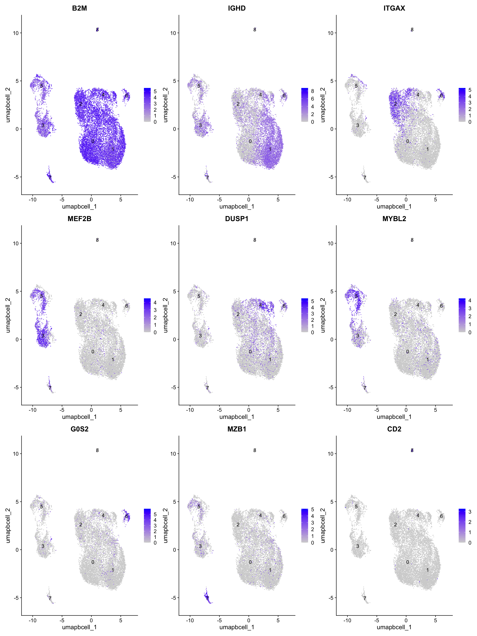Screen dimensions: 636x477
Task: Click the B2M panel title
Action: pos(79,8)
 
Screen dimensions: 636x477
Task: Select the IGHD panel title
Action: pos(237,8)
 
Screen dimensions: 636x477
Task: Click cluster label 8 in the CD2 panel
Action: pos(412,450)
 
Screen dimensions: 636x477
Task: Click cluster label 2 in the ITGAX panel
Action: pos(395,104)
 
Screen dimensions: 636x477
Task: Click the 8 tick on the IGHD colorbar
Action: pos(313,91)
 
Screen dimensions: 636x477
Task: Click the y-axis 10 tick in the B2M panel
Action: pos(16,33)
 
